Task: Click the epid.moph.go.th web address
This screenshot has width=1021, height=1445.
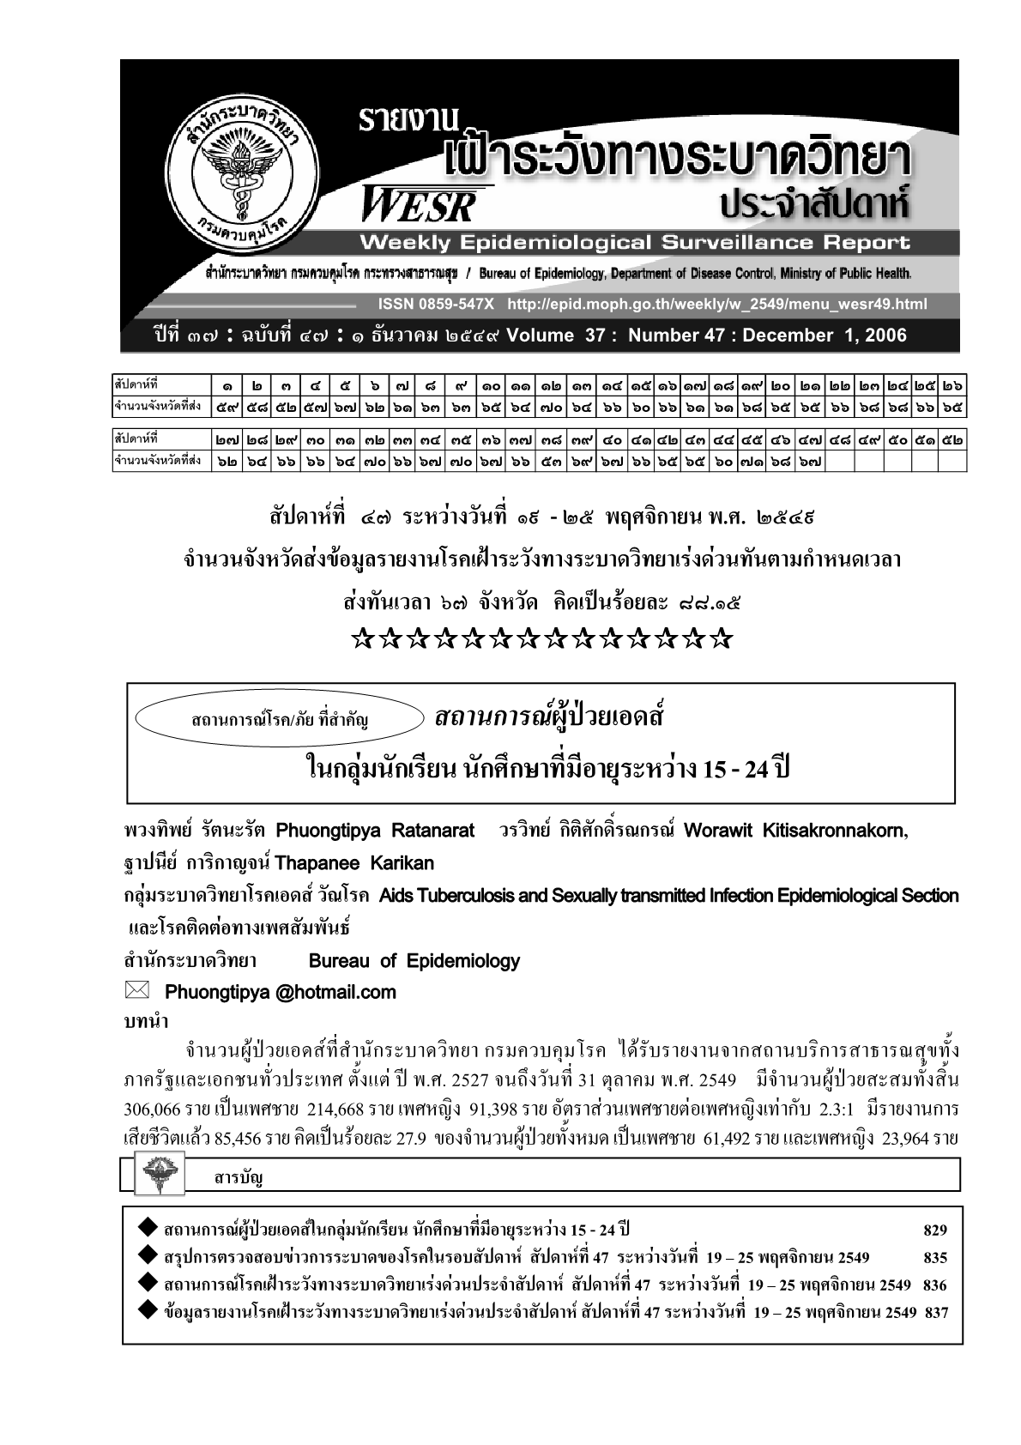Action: click(x=717, y=305)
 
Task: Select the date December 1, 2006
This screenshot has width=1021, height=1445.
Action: click(x=825, y=336)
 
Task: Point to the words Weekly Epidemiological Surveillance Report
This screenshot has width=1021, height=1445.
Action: click(x=635, y=243)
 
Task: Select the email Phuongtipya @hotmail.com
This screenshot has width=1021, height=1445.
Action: click(x=280, y=993)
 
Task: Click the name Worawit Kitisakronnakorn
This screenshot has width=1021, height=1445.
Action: click(x=795, y=831)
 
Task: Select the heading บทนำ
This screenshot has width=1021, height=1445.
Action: click(x=146, y=1021)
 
